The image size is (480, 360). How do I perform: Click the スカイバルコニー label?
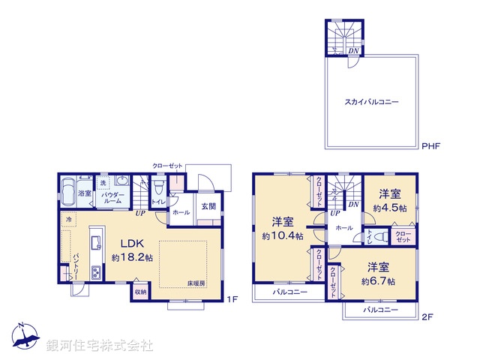coord(371,101)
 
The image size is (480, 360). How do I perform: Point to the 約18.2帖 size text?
coord(132,257)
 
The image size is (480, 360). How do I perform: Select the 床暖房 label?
coord(196,283)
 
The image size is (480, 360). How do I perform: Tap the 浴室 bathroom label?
coord(85,193)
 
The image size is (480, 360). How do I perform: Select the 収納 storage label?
coord(140,291)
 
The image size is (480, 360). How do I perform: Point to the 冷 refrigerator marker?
coord(68,220)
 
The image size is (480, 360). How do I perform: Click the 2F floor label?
coord(427,317)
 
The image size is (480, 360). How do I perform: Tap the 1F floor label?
coord(232,299)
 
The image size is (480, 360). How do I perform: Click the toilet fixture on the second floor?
coord(381,236)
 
